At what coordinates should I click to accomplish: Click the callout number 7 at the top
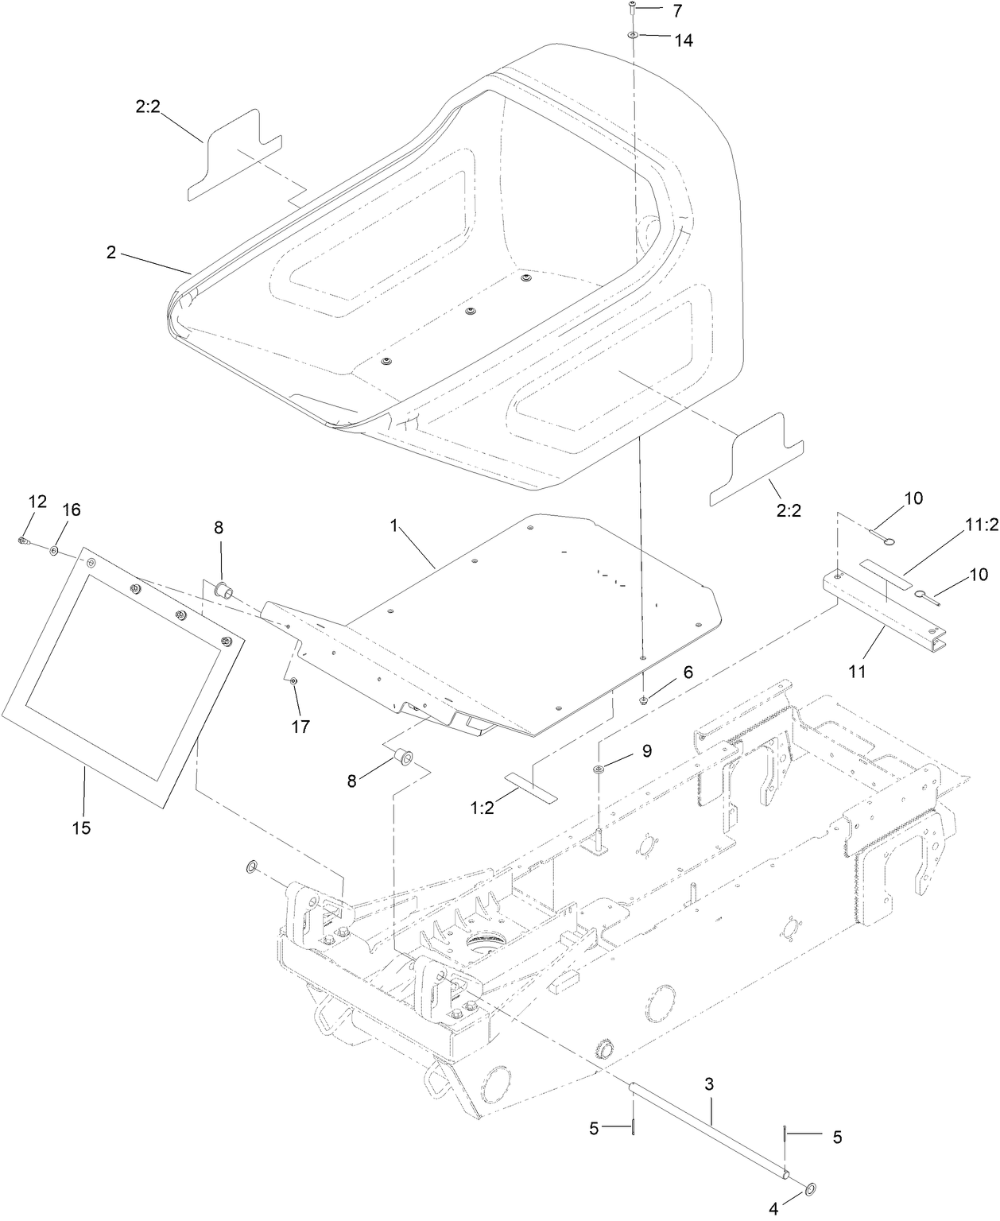click(676, 11)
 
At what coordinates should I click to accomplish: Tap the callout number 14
click(683, 41)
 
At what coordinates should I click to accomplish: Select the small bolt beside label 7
click(632, 9)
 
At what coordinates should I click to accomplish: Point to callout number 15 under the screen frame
click(81, 828)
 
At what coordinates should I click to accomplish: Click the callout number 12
click(37, 501)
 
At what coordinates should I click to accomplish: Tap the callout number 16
click(72, 510)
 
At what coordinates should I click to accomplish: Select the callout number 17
click(300, 726)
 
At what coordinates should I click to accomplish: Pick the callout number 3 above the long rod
click(709, 1083)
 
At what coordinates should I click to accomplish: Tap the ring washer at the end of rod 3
click(809, 1189)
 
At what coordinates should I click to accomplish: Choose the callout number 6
click(688, 672)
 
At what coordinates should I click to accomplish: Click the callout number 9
click(646, 750)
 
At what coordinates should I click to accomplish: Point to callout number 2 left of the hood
click(111, 253)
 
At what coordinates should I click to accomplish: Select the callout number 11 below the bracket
click(856, 671)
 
